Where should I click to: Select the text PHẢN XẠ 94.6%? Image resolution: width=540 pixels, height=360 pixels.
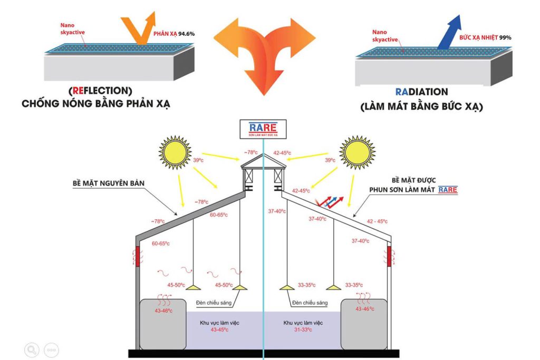pyautogui.click(x=174, y=34)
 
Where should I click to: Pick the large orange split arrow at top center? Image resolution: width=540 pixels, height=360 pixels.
pyautogui.click(x=264, y=53)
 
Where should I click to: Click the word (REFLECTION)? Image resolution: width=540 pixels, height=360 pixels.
pyautogui.click(x=100, y=91)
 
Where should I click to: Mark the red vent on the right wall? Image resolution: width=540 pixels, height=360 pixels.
pyautogui.click(x=390, y=257)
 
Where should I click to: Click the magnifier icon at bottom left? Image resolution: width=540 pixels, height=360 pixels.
pyautogui.click(x=32, y=349)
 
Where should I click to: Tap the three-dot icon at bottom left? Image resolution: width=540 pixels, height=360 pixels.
pyautogui.click(x=51, y=349)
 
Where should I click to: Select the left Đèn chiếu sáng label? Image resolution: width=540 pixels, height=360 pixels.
pyautogui.click(x=213, y=303)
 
